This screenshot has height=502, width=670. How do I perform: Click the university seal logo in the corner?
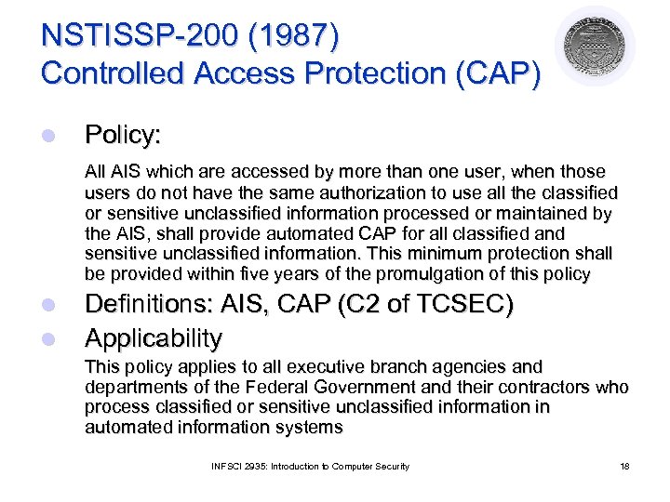595,46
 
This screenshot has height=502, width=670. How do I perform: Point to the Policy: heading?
123,136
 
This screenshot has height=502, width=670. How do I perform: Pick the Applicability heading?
154,337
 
